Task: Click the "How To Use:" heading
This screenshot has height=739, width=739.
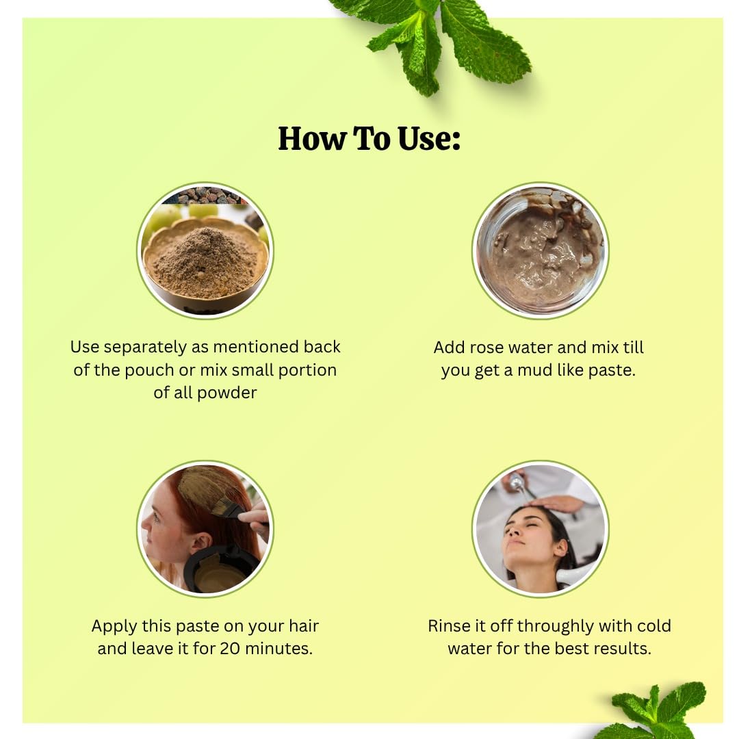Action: pos(369,138)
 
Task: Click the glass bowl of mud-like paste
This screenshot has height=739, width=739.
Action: pos(540,250)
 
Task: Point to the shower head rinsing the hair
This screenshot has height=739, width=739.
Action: pos(518,484)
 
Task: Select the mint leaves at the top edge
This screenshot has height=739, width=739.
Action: pos(431,42)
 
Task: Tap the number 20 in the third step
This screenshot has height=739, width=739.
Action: pos(230,649)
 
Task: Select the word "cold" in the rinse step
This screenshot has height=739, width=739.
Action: pos(653,626)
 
